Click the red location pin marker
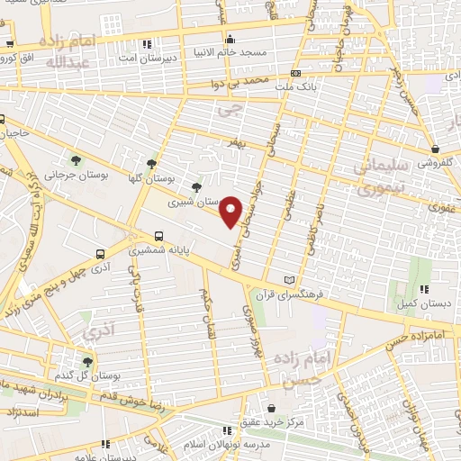[x=231, y=211]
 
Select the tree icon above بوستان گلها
[x=150, y=164]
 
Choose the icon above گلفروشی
[x=435, y=149]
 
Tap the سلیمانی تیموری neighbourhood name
[x=375, y=177]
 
